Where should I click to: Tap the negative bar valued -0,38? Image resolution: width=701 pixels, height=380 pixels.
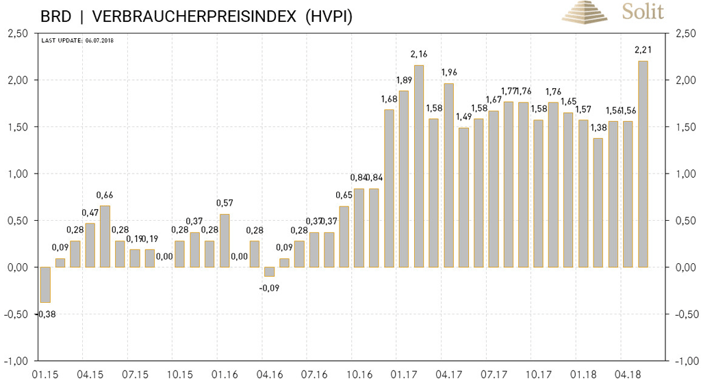(x=45, y=284)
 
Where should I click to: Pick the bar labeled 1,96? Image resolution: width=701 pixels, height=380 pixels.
(x=449, y=176)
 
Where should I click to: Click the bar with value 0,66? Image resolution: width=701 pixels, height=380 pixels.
(x=105, y=236)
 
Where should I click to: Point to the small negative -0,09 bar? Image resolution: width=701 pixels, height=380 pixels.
(x=270, y=271)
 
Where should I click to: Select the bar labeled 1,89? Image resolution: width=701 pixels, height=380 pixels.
(x=404, y=179)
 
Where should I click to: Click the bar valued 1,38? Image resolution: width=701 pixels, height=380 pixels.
(x=598, y=203)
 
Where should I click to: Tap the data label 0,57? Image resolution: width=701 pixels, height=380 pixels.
(x=225, y=203)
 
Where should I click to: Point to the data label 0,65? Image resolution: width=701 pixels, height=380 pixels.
(x=344, y=195)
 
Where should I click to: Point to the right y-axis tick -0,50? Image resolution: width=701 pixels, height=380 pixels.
(x=687, y=314)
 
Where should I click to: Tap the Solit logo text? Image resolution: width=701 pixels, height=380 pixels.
(x=642, y=11)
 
